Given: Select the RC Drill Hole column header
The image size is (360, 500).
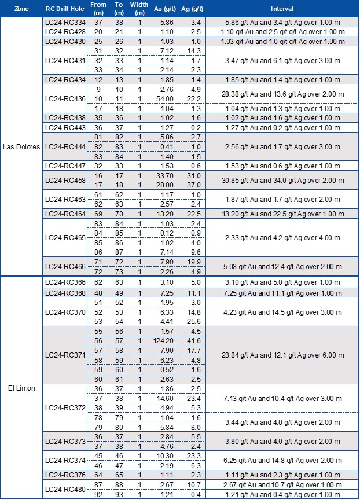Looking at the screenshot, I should [65, 9].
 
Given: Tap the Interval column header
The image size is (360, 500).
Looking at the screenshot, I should [281, 9].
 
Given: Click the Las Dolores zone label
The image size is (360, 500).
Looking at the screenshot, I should [21, 146].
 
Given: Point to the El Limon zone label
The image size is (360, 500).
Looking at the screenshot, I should [21, 388].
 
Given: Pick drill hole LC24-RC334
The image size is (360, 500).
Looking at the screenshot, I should [65, 22].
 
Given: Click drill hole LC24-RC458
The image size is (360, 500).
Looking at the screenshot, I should [65, 179].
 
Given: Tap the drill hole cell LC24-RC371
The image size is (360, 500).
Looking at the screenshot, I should [65, 355].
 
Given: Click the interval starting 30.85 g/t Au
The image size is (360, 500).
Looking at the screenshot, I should [281, 179].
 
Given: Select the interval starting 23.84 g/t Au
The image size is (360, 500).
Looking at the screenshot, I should [281, 355].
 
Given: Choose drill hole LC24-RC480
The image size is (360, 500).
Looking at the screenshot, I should [65, 489].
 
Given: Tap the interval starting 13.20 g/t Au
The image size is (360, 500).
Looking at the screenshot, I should [281, 214].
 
